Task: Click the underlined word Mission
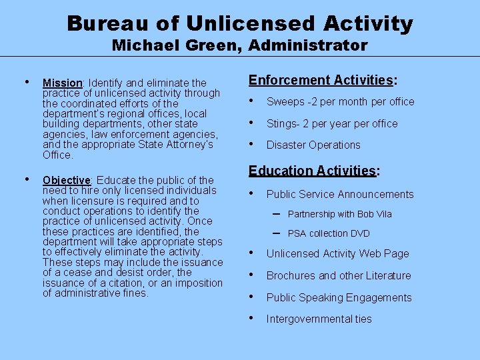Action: (62, 83)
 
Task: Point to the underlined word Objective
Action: (66, 180)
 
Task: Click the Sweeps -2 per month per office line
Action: (340, 102)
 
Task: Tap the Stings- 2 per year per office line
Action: (332, 124)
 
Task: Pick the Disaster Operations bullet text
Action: (313, 145)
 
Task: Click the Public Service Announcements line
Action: (340, 195)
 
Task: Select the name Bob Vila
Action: (375, 214)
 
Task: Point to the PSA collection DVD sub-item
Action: (329, 233)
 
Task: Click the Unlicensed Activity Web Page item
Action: (337, 254)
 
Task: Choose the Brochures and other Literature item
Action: (339, 276)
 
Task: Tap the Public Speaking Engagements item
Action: (339, 298)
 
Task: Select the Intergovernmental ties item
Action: (319, 319)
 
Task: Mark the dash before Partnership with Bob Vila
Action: (276, 213)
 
